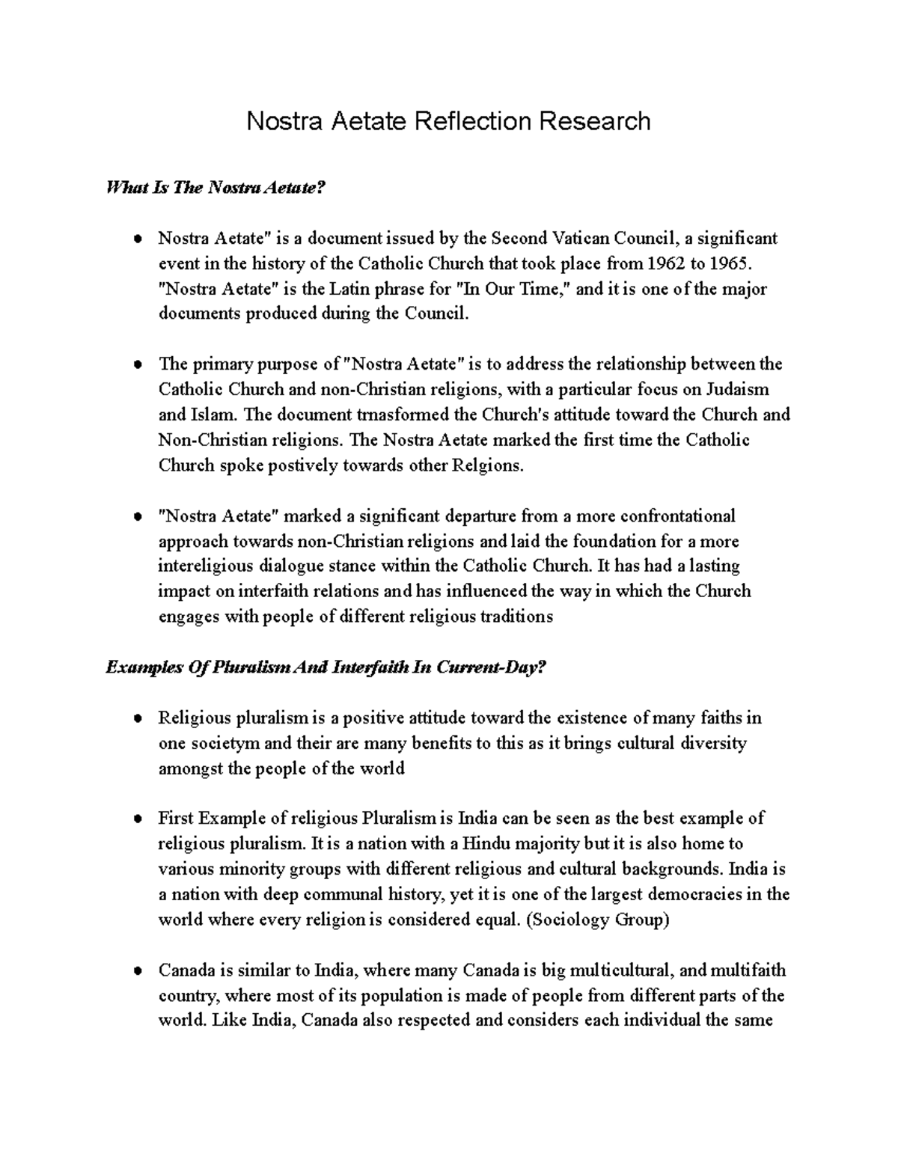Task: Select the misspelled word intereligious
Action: (x=209, y=566)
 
